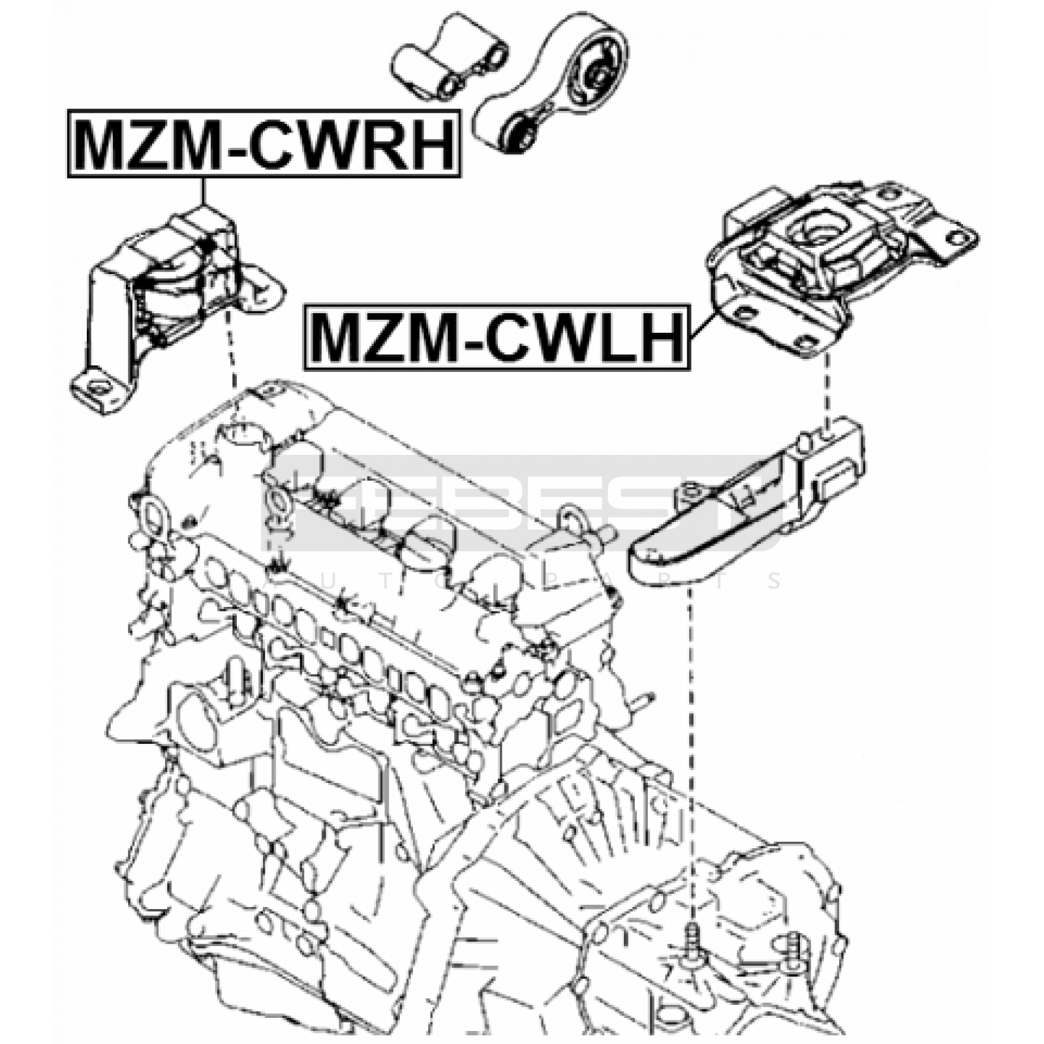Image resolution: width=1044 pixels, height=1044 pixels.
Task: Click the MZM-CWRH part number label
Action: [264, 144]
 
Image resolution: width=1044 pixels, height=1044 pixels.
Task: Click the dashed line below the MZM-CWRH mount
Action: [230, 352]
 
